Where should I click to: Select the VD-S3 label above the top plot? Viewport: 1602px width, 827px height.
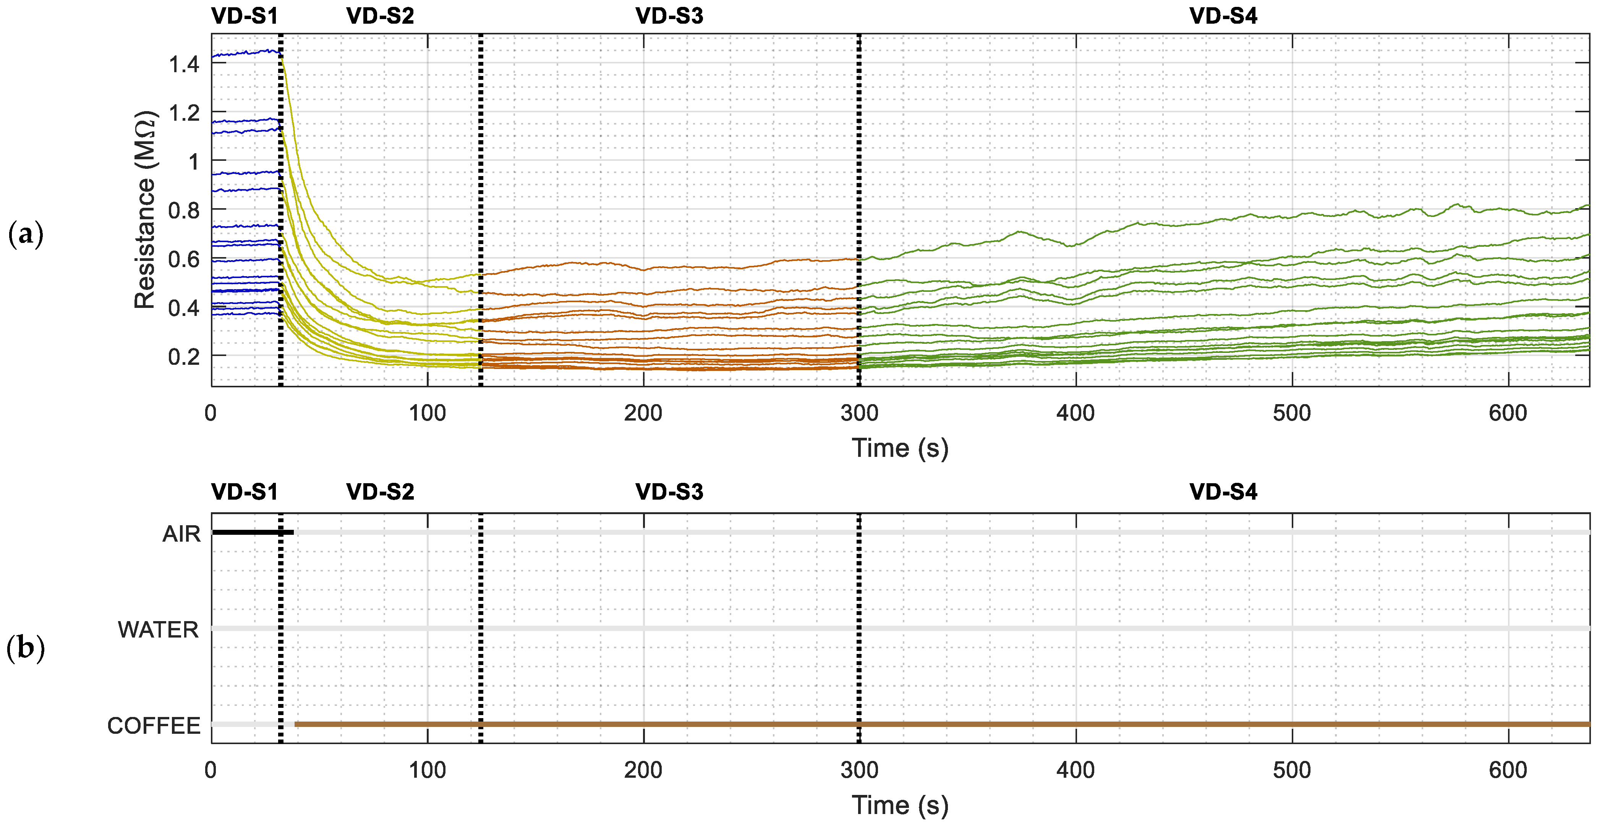pos(669,16)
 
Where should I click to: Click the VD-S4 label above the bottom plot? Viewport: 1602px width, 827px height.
pos(1223,492)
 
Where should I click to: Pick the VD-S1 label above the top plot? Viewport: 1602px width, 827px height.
pos(245,16)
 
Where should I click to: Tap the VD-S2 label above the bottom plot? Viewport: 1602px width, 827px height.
pos(380,492)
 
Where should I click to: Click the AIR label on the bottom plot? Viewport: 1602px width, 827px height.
pos(181,534)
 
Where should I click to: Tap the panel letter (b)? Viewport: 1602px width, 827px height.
pos(26,649)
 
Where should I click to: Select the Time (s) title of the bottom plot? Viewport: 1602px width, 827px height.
pos(900,805)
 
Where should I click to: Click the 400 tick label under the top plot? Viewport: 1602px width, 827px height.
pos(1075,413)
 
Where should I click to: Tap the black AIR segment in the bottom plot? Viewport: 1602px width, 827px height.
pos(252,532)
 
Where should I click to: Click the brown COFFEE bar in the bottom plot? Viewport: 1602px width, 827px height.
pos(933,724)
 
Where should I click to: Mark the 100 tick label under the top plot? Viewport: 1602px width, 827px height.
pos(427,413)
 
